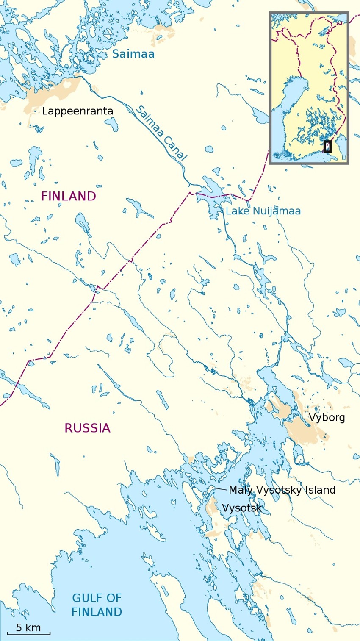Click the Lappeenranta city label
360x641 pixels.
pyautogui.click(x=78, y=111)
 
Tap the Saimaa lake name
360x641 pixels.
pyautogui.click(x=133, y=54)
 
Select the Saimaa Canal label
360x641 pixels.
pyautogui.click(x=161, y=133)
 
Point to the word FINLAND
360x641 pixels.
pyautogui.click(x=69, y=197)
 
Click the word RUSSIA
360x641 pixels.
pyautogui.click(x=87, y=428)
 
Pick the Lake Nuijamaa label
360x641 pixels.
pyautogui.click(x=263, y=211)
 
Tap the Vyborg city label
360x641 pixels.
pyautogui.click(x=327, y=418)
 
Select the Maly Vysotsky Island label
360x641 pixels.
pyautogui.click(x=282, y=490)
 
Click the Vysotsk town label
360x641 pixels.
pyautogui.click(x=242, y=508)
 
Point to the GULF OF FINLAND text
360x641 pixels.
pyautogui.click(x=97, y=605)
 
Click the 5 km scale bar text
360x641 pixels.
pyautogui.click(x=28, y=627)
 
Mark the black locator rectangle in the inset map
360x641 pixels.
pyautogui.click(x=327, y=147)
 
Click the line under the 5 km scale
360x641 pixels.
pyautogui.click(x=28, y=634)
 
